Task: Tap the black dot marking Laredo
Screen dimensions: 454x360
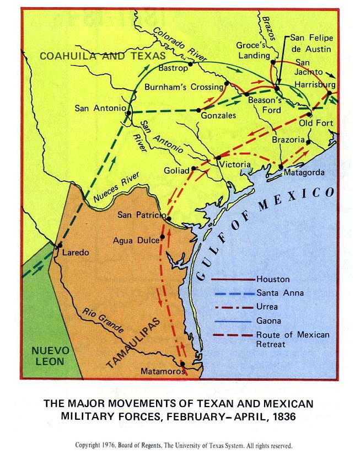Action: coord(59,244)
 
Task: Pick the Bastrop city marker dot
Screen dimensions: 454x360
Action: coord(190,64)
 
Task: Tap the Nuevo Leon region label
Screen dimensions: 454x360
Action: coord(50,356)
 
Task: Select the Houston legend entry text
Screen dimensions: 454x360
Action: coord(272,279)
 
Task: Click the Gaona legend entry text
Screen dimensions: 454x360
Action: coord(268,321)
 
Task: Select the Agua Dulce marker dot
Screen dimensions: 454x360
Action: coord(162,238)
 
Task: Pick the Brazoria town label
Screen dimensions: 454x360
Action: coord(288,140)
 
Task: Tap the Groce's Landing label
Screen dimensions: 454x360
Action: coord(253,50)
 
